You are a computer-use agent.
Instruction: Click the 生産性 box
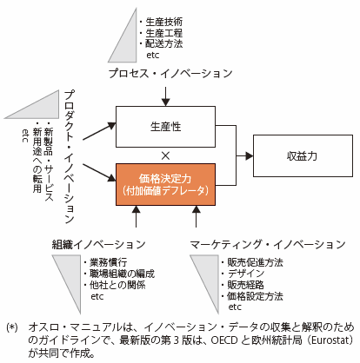(165, 127)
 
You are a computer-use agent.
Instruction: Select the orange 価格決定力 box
(165, 184)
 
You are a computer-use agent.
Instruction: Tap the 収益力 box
(303, 155)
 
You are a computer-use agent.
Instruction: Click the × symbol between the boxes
(165, 156)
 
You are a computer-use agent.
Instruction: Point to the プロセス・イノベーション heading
(170, 73)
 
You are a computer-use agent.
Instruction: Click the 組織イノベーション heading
(98, 244)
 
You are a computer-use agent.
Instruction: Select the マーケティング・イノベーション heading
(268, 244)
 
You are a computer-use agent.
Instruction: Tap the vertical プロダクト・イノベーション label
(70, 156)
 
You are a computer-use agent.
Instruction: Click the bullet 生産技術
(164, 22)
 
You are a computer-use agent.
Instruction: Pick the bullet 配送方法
(164, 43)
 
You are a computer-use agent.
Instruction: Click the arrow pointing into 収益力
(244, 156)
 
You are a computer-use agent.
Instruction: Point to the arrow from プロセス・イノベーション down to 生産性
(165, 96)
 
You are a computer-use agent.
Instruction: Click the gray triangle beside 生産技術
(127, 43)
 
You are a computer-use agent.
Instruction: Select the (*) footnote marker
(12, 327)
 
